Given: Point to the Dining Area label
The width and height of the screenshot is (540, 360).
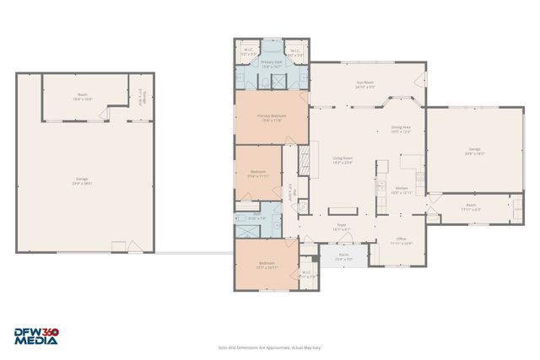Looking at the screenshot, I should point(400,129).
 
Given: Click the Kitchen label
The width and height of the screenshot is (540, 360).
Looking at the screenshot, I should point(402,190).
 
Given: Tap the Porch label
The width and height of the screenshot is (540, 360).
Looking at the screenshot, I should point(343,257).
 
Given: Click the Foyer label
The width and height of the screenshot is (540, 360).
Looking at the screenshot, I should point(342,227).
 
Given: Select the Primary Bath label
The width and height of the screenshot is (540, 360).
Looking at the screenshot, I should point(271,64).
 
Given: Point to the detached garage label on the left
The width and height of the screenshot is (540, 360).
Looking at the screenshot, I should point(83,181).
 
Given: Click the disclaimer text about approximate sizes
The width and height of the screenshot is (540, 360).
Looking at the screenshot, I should point(269,347).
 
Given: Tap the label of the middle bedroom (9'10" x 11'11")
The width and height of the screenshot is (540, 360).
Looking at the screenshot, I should point(258,174).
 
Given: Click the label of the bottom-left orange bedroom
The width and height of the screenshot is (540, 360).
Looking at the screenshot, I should point(266,266).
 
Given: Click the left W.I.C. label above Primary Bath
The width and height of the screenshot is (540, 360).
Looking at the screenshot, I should point(247,51).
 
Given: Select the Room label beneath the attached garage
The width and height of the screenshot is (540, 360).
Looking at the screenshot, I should point(472,207).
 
